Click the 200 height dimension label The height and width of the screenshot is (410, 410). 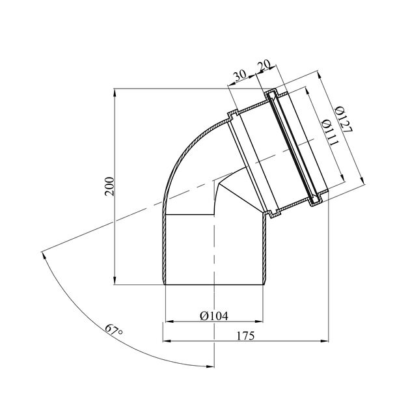[109, 186]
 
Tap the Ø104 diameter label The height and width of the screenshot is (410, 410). [214, 316]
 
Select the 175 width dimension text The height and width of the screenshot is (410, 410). [245, 336]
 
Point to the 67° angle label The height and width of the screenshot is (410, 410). [114, 330]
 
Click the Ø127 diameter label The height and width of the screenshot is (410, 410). [344, 119]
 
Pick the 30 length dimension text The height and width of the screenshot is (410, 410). [239, 75]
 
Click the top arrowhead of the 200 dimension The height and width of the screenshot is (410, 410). [115, 93]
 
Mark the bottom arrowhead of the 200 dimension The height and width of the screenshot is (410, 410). [115, 280]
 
